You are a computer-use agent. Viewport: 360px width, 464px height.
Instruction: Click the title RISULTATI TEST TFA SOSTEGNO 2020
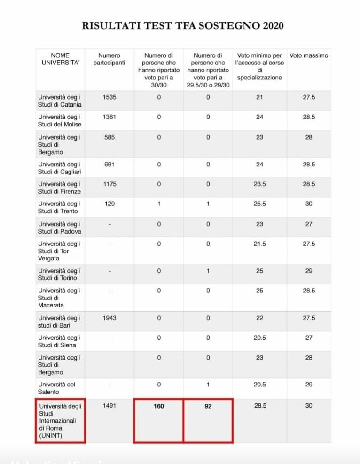182,25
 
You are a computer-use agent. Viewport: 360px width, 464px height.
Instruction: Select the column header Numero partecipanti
109,59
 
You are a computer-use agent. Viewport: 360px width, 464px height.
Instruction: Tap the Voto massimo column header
309,55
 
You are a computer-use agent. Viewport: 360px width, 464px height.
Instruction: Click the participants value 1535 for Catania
109,97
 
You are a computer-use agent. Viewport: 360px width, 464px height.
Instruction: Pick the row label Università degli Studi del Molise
60,120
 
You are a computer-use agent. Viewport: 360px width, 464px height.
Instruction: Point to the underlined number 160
159,406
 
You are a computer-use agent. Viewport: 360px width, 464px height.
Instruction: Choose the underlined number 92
208,406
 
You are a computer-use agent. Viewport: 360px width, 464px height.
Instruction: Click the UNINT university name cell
60,421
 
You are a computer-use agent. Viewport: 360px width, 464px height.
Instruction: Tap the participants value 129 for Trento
109,204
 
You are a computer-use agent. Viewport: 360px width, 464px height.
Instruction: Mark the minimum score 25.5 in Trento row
259,204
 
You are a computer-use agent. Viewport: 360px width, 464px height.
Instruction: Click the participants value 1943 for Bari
109,318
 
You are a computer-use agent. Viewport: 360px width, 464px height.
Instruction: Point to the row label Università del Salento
56,388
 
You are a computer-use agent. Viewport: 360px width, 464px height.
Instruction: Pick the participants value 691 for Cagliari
109,165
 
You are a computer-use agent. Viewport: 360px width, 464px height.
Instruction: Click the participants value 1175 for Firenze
109,184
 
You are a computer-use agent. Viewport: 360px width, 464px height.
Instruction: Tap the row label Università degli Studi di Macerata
59,298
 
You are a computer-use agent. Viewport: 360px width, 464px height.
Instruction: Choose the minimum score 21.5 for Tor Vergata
259,244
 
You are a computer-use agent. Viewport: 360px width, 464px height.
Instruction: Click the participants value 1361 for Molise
109,117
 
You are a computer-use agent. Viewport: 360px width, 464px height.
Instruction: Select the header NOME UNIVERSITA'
60,59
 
